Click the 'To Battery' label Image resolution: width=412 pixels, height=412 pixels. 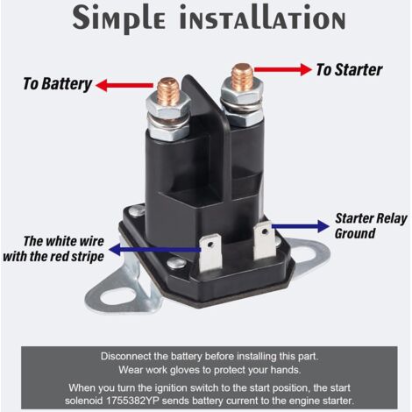58,84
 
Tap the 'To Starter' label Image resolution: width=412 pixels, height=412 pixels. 349,70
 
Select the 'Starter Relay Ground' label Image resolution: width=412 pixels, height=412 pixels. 371,226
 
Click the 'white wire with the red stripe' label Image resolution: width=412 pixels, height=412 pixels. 53,249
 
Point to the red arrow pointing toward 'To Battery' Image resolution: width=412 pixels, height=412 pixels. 124,85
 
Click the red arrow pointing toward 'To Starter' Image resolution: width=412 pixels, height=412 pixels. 283,69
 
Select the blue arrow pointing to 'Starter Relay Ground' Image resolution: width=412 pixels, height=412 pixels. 301,226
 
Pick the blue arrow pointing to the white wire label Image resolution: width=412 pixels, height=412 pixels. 154,250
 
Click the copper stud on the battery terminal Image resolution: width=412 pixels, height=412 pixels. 168,91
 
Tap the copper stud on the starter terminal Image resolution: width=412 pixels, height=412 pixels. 242,77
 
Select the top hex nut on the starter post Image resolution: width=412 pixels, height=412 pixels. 242,91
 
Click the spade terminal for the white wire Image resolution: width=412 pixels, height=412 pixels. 210,252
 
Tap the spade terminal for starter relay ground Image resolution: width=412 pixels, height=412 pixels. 265,239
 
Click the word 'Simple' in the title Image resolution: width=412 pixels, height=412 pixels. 119,18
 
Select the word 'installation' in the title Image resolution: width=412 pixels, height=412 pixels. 263,18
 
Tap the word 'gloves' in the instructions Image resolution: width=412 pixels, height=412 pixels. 186,370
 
